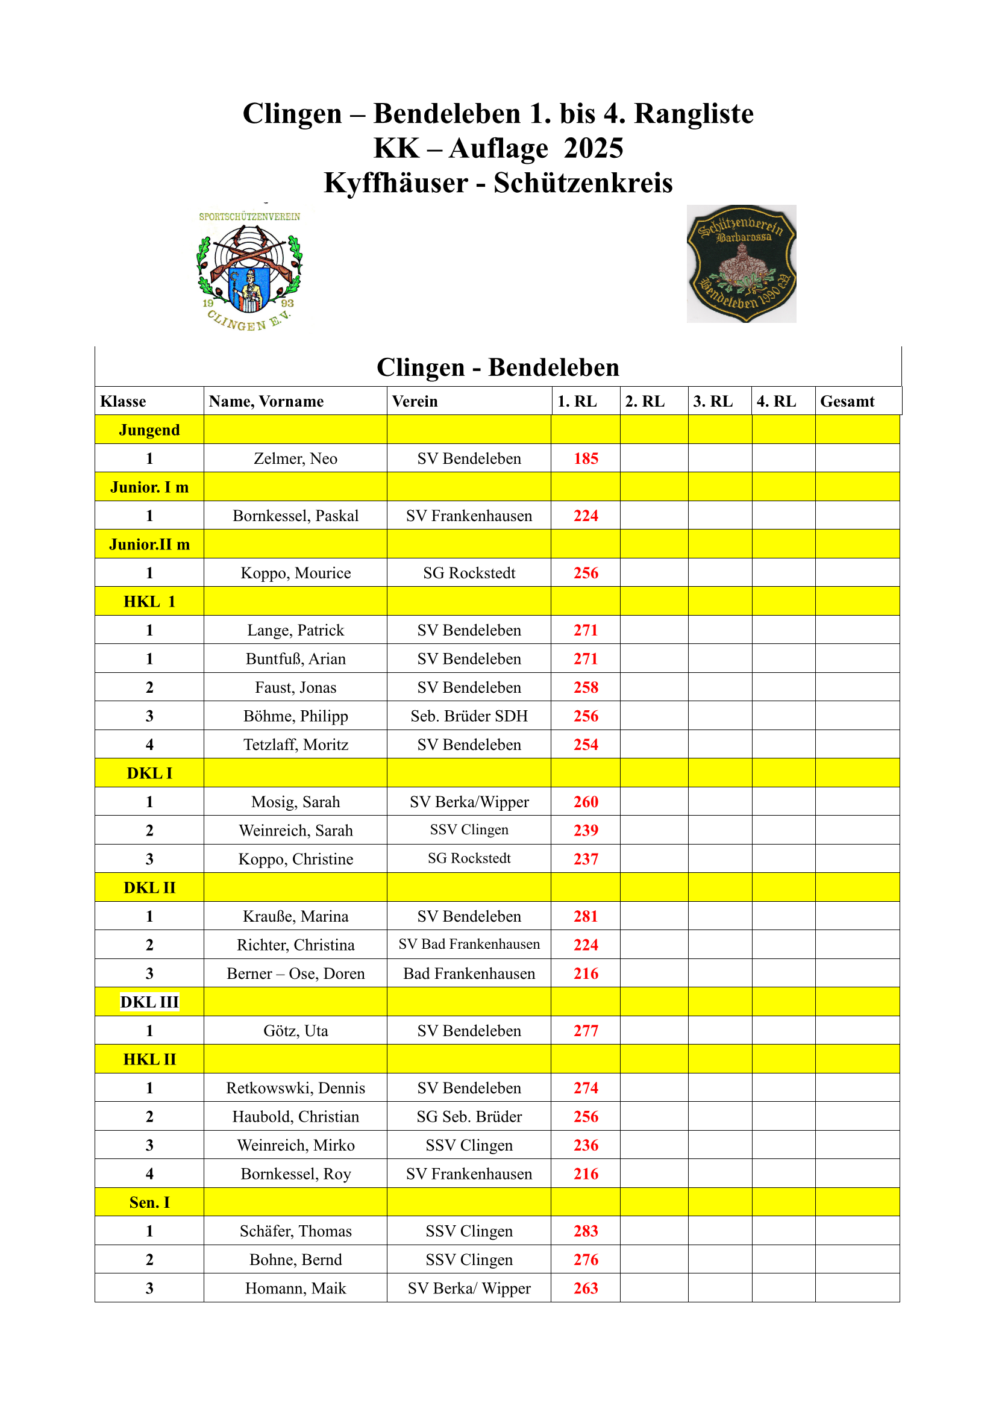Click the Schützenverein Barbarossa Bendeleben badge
pyautogui.click(x=741, y=264)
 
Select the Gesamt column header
pyautogui.click(x=847, y=401)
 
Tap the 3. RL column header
pyautogui.click(x=712, y=401)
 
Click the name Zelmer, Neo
pyautogui.click(x=295, y=458)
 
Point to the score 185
pyautogui.click(x=586, y=458)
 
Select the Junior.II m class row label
pyautogui.click(x=149, y=545)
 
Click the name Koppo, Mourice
pyautogui.click(x=295, y=573)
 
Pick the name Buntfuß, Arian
pyautogui.click(x=295, y=659)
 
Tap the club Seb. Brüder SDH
pyautogui.click(x=469, y=716)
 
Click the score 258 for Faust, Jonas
pyautogui.click(x=586, y=687)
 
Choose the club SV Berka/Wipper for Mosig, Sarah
pyautogui.click(x=469, y=802)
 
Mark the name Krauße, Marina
pyautogui.click(x=295, y=916)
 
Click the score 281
pyautogui.click(x=586, y=916)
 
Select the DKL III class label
pyautogui.click(x=149, y=1002)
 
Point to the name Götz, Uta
pyautogui.click(x=295, y=1031)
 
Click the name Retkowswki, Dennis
pyautogui.click(x=295, y=1088)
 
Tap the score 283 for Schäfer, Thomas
pyautogui.click(x=586, y=1231)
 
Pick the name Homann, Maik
pyautogui.click(x=295, y=1288)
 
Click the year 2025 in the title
pyautogui.click(x=594, y=149)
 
